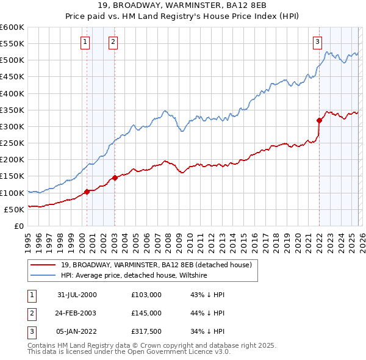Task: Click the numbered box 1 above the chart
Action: click(84, 42)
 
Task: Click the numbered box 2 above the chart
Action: click(113, 42)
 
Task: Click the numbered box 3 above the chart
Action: click(318, 42)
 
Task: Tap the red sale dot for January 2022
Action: click(319, 121)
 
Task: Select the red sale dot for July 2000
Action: click(87, 192)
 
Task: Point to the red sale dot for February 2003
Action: click(115, 178)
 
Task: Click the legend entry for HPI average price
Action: click(134, 276)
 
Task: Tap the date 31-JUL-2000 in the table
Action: click(77, 295)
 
